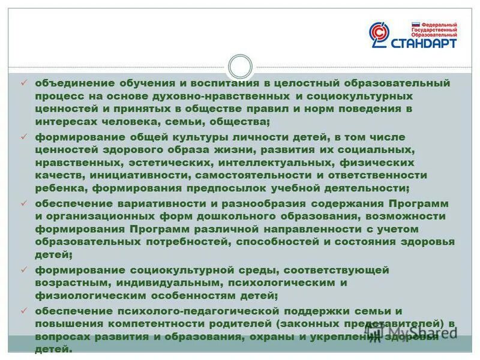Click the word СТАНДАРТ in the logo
[423, 44]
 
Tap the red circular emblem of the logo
[379, 34]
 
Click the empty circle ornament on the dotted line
[240, 66]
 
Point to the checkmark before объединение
[24, 83]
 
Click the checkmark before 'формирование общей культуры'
[24, 136]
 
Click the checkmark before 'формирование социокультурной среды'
[24, 269]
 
